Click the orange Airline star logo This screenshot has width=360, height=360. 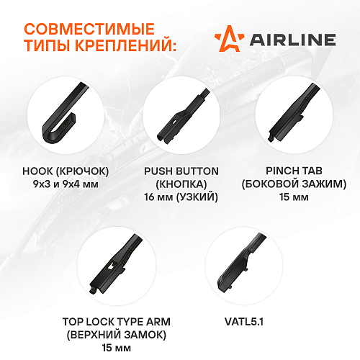pyautogui.click(x=229, y=38)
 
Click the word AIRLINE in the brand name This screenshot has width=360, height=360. pyautogui.click(x=292, y=40)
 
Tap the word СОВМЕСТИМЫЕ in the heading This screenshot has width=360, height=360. pyautogui.click(x=89, y=29)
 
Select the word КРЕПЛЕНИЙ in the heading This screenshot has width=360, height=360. pyautogui.click(x=127, y=45)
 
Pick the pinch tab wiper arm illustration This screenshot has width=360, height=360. pyautogui.click(x=294, y=113)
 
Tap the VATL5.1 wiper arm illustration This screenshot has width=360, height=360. pyautogui.click(x=240, y=262)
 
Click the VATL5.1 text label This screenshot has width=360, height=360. pyautogui.click(x=244, y=322)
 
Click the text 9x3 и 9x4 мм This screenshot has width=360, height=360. pyautogui.click(x=66, y=184)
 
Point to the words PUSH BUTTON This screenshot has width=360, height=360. pyautogui.click(x=181, y=171)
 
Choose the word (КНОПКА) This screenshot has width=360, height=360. pyautogui.click(x=181, y=184)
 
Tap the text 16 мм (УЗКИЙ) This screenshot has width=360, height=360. pyautogui.click(x=181, y=197)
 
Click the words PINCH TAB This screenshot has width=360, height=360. pyautogui.click(x=294, y=171)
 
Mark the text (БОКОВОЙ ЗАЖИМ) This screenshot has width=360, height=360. pyautogui.click(x=294, y=184)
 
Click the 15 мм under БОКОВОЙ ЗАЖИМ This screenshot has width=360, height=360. pyautogui.click(x=294, y=197)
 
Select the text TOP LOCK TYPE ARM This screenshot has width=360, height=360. pyautogui.click(x=117, y=322)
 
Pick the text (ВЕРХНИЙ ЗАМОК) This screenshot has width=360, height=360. pyautogui.click(x=117, y=335)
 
